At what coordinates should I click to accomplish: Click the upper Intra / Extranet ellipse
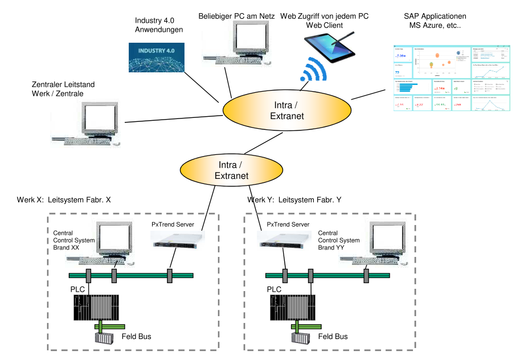click(x=286, y=111)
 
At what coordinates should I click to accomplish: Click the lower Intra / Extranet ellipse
click(x=231, y=170)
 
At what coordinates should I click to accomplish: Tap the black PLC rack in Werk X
click(x=96, y=307)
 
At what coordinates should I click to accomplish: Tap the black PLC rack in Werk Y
click(x=292, y=307)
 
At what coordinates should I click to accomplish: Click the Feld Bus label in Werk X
click(x=137, y=337)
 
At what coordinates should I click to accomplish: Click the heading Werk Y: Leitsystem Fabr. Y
click(x=294, y=200)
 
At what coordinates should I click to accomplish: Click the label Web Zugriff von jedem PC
click(x=324, y=17)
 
